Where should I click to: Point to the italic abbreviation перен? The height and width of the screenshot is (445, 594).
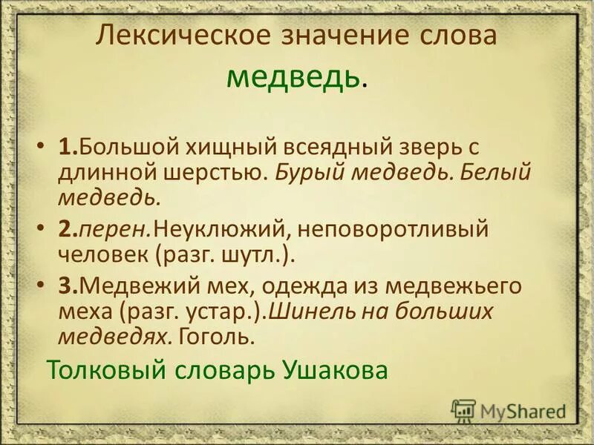pyautogui.click(x=111, y=231)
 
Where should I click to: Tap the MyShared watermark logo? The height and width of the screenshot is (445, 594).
pyautogui.click(x=509, y=410)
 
